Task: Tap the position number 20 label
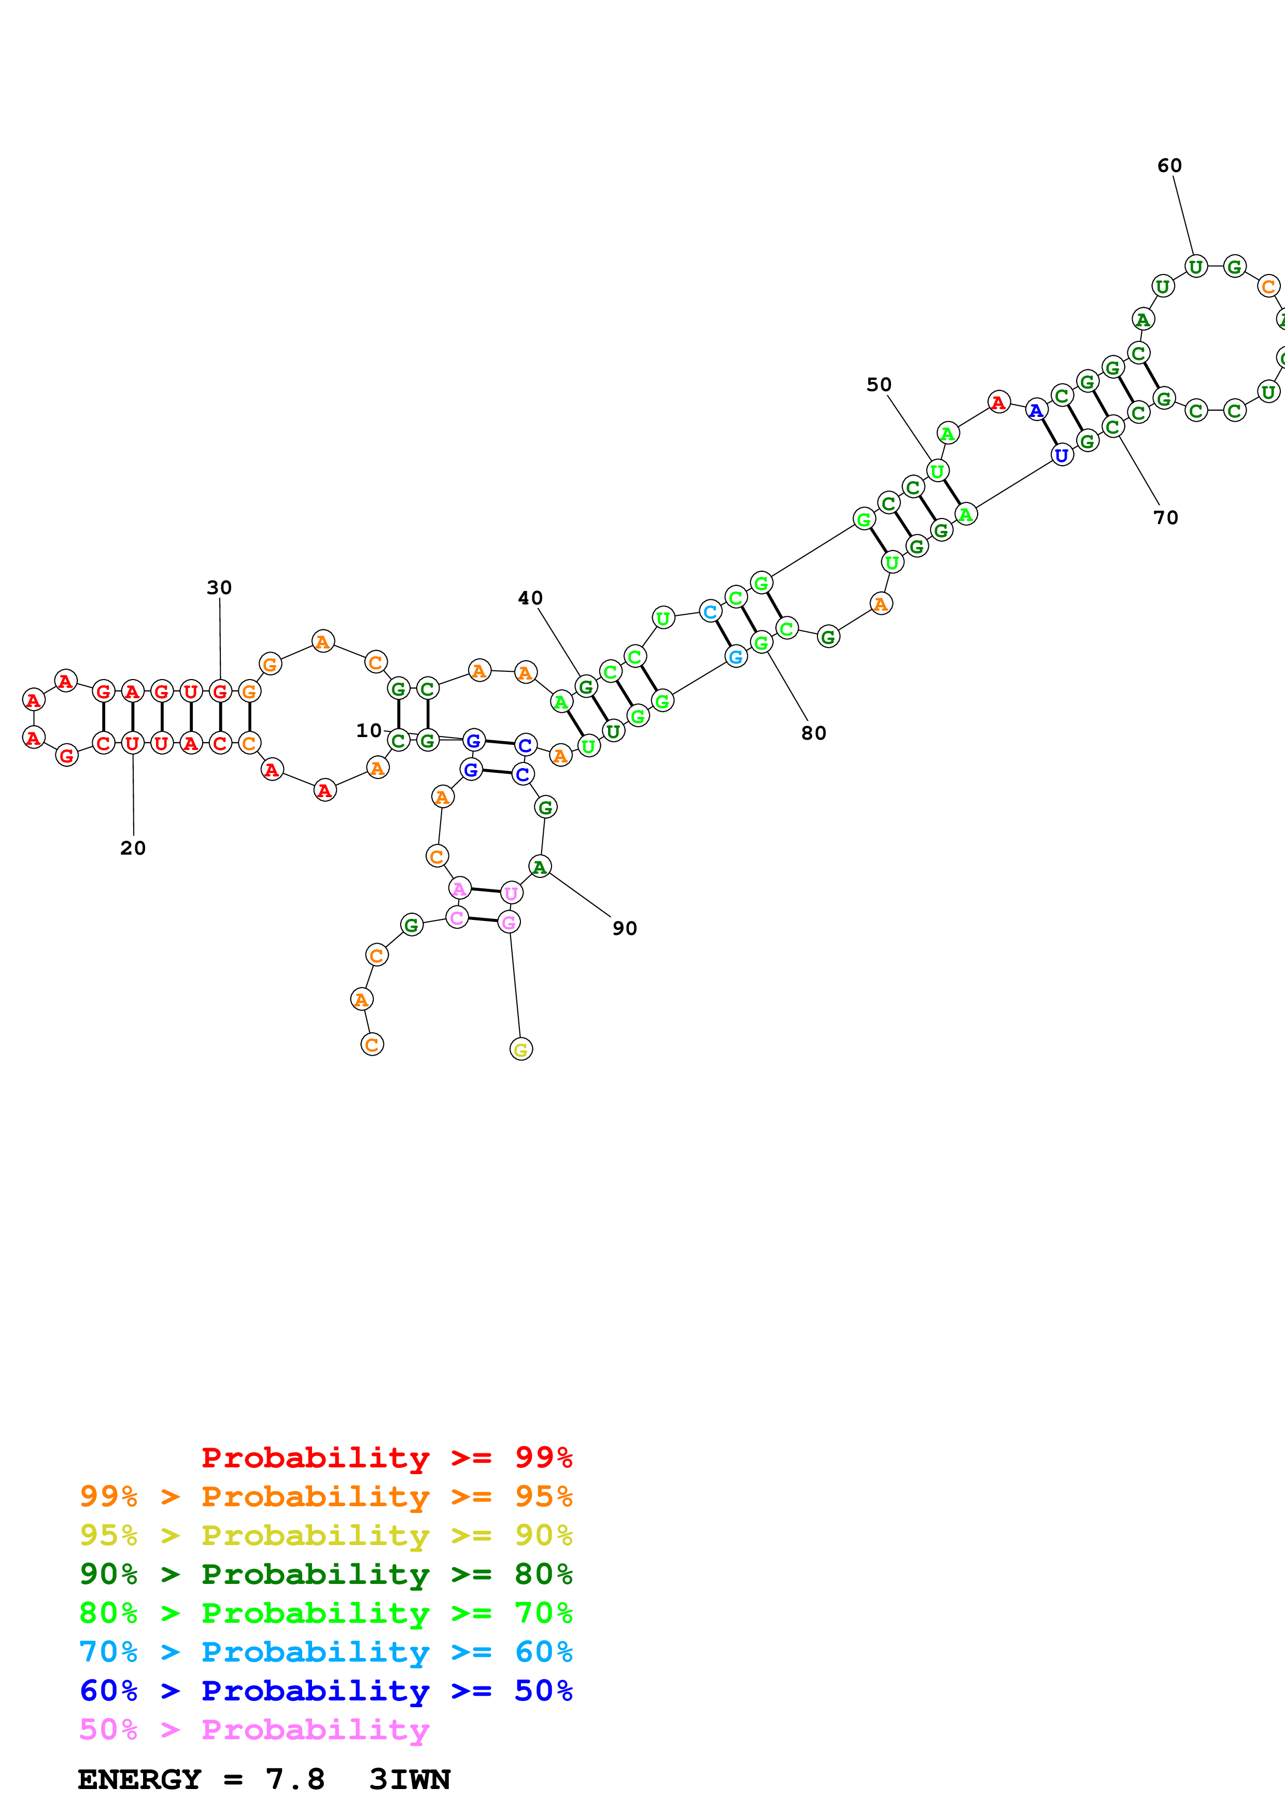[x=133, y=847]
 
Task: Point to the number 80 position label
[x=813, y=733]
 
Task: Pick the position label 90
[x=625, y=928]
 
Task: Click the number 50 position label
[x=879, y=385]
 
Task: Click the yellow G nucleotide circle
[x=521, y=1049]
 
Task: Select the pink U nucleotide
[x=512, y=892]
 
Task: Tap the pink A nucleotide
[x=459, y=889]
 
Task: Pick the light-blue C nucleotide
[x=710, y=611]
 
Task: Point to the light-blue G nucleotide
[x=736, y=656]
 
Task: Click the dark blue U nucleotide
[x=1062, y=455]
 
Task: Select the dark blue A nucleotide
[x=1036, y=410]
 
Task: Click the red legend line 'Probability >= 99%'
[x=386, y=1458]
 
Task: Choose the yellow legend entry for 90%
[x=326, y=1535]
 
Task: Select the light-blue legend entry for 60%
[x=326, y=1652]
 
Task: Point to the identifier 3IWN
[x=409, y=1780]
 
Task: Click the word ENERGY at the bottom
[x=139, y=1780]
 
